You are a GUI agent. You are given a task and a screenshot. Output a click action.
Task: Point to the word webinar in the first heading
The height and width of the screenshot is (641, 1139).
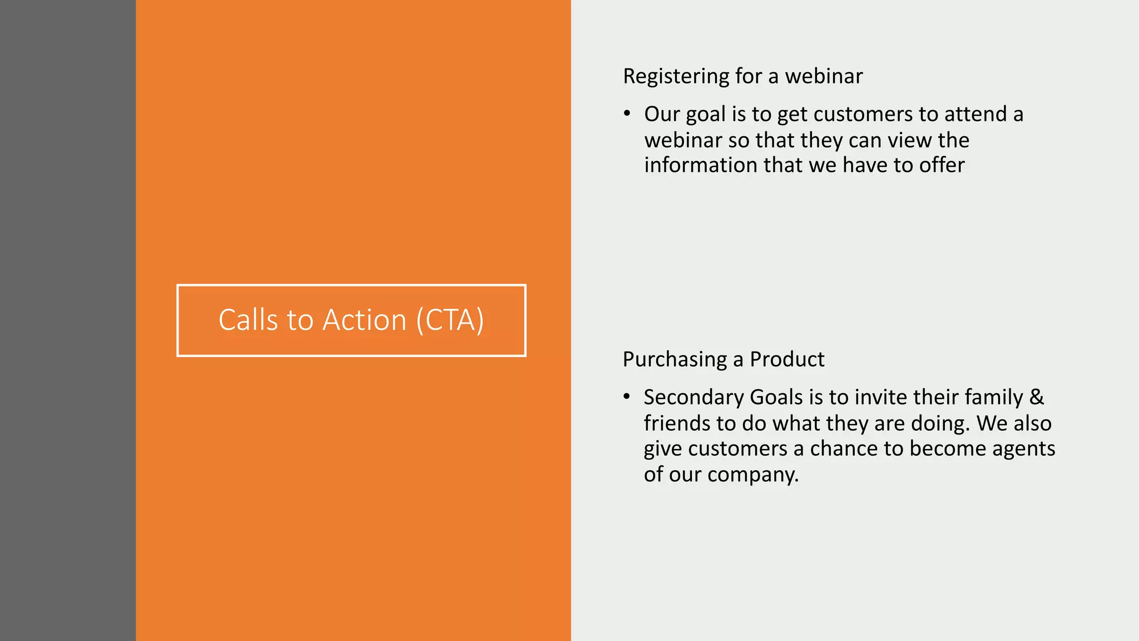tap(824, 76)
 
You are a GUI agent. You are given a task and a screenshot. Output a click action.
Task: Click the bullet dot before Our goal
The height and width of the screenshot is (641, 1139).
tap(627, 114)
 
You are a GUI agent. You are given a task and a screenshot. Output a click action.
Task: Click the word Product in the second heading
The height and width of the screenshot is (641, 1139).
tap(787, 359)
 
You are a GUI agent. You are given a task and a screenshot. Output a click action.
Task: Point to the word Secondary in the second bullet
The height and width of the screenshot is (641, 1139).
tap(694, 397)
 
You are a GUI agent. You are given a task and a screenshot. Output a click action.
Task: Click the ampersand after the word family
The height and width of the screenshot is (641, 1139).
tap(1037, 397)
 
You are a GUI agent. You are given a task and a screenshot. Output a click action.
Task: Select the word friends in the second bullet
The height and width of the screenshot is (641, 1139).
tap(677, 423)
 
